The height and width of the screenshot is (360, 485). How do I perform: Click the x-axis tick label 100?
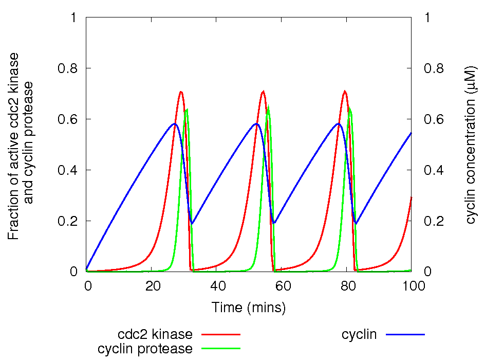pyautogui.click(x=412, y=285)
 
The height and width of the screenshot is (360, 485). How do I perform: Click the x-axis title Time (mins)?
pyautogui.click(x=249, y=308)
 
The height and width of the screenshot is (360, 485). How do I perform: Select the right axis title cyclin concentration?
pyautogui.click(x=471, y=145)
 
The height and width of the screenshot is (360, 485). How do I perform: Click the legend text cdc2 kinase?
pyautogui.click(x=155, y=334)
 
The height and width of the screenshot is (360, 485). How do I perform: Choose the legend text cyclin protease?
pyautogui.click(x=145, y=349)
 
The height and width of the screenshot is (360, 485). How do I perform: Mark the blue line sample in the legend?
pyautogui.click(x=406, y=334)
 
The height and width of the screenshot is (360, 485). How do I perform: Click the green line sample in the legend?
pyautogui.click(x=221, y=349)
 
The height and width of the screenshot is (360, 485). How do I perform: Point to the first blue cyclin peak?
pyautogui.click(x=175, y=123)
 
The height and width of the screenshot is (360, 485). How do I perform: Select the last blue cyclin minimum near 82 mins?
pyautogui.click(x=356, y=223)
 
